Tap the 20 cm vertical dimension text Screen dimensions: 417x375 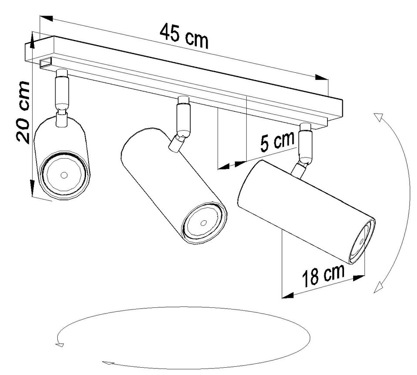click(x=22, y=113)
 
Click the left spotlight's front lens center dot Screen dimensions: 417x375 click(x=64, y=175)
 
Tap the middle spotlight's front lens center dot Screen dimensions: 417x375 click(x=204, y=223)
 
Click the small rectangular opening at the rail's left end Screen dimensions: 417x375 click(x=46, y=63)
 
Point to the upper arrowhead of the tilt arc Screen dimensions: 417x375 click(x=378, y=117)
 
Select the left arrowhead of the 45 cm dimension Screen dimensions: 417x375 click(x=46, y=18)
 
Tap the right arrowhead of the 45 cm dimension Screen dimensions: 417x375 click(x=322, y=77)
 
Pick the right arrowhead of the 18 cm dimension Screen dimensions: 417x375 click(x=358, y=277)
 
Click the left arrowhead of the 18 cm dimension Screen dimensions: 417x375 click(x=288, y=295)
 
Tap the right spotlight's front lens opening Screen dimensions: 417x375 click(x=362, y=242)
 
